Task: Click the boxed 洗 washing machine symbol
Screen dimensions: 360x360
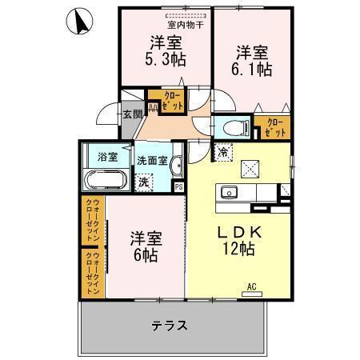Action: [x=144, y=182]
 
